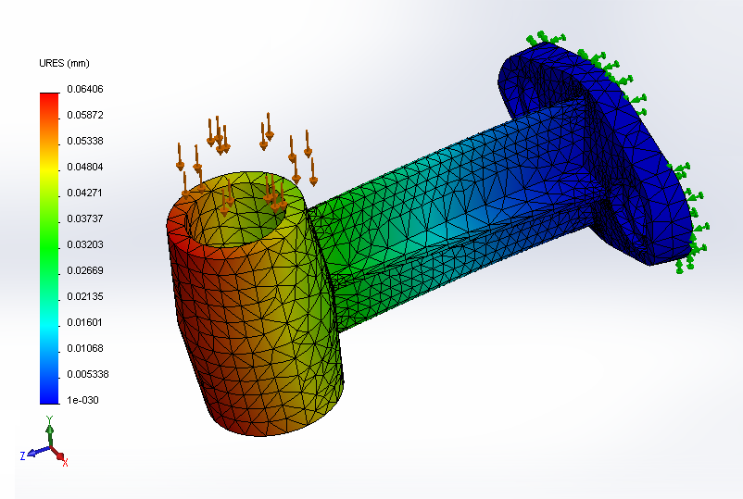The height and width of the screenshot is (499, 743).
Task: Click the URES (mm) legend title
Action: tap(64, 64)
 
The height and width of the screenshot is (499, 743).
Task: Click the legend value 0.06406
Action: tap(85, 89)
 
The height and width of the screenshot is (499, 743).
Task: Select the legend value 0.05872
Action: tap(85, 115)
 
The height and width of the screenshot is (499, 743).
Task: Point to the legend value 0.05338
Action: tap(85, 141)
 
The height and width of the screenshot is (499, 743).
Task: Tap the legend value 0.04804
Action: tap(85, 167)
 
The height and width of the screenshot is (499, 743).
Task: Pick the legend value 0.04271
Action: tap(85, 193)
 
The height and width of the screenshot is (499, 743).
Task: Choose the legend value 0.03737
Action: tap(85, 218)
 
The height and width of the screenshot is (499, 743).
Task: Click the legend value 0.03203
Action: tap(85, 244)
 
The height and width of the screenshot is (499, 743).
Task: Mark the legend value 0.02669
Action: tap(85, 270)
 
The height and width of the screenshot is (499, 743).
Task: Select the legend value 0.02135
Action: tap(85, 296)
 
